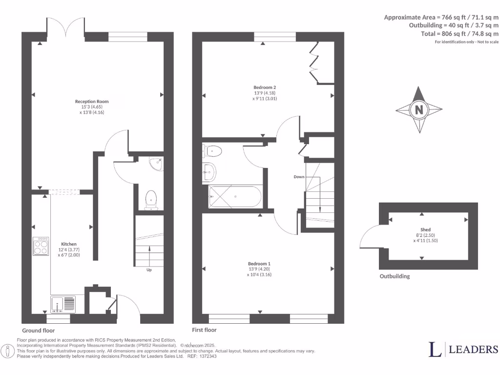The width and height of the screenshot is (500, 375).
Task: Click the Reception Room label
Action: click(x=92, y=102)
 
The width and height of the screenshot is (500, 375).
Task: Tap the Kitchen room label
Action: click(x=68, y=244)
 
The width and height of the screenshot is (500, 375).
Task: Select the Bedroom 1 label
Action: click(x=259, y=264)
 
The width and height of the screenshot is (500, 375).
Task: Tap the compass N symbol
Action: click(x=418, y=110)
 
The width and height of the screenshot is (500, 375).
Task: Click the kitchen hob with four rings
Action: click(x=41, y=246)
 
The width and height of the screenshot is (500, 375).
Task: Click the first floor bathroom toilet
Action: click(x=212, y=151)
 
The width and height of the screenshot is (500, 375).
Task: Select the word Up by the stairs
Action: click(x=149, y=270)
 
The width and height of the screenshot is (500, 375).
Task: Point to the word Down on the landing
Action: click(x=299, y=176)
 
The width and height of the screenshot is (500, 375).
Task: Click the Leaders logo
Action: click(x=463, y=349)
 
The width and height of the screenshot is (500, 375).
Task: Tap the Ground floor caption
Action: click(x=39, y=331)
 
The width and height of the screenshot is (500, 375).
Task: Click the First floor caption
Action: click(x=205, y=330)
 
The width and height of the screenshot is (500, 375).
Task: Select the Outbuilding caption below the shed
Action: click(x=395, y=276)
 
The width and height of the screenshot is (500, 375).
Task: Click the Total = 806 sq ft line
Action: click(x=459, y=33)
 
